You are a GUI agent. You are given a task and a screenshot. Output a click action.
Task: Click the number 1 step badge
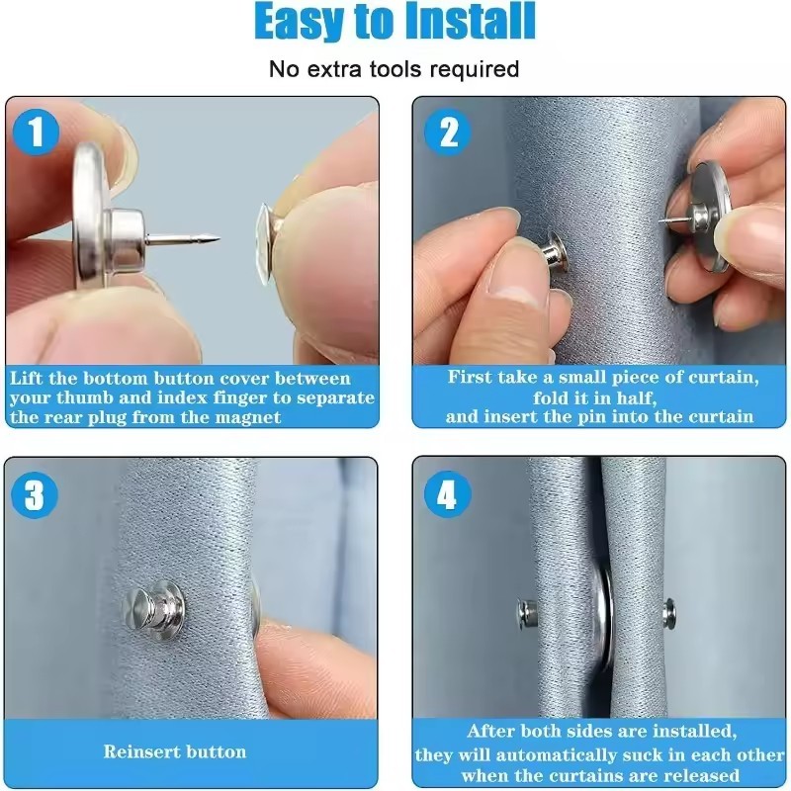[x=36, y=132]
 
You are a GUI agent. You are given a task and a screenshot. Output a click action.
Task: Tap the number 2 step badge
[x=449, y=133]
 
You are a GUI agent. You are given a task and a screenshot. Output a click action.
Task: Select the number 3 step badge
[x=35, y=494]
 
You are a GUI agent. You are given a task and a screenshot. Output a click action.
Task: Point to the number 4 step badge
[x=448, y=494]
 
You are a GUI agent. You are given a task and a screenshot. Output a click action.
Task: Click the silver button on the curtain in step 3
[x=155, y=604]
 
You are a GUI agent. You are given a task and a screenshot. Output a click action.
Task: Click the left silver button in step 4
[x=527, y=614]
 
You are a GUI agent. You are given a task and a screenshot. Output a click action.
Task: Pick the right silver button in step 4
[x=669, y=613]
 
